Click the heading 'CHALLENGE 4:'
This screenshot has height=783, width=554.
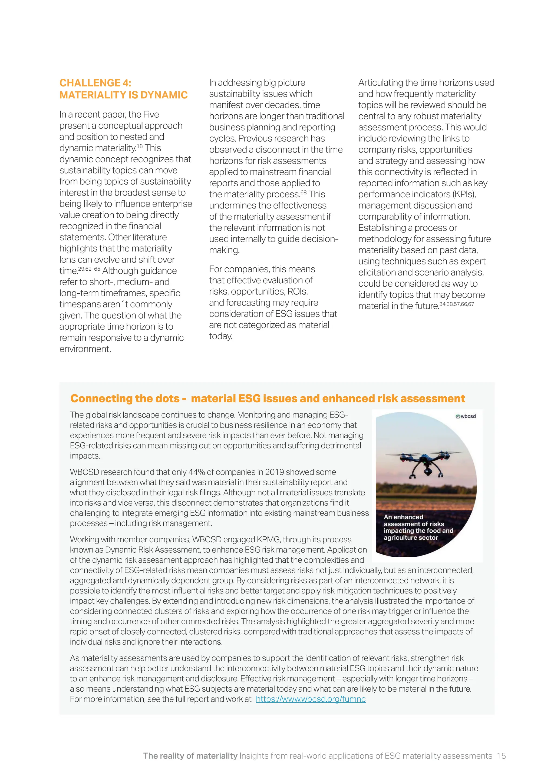tap(95, 83)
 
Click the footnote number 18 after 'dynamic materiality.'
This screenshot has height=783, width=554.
tap(140, 146)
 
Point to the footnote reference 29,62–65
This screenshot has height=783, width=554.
tap(89, 269)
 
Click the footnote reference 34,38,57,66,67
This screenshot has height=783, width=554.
tap(457, 304)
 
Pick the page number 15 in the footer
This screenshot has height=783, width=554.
tap(501, 756)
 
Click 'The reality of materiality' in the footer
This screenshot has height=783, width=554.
tap(190, 756)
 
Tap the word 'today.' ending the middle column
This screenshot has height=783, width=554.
tap(221, 336)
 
